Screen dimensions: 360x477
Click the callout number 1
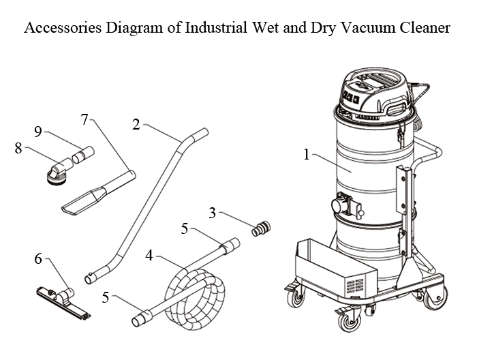[307, 155]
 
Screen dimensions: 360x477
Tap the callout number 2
[136, 124]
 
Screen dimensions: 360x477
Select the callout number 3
[213, 213]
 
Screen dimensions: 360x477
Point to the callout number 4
[149, 256]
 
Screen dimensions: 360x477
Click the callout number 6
[38, 258]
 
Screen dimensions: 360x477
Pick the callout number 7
[84, 120]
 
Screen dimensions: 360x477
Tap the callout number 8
[18, 148]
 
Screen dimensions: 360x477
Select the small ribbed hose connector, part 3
[260, 229]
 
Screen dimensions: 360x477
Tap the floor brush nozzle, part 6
[61, 300]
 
